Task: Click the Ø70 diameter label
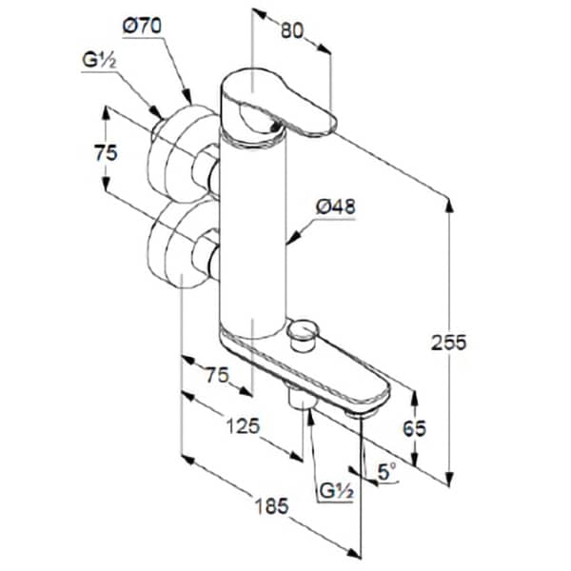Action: click(x=142, y=27)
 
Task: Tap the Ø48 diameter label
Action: click(x=335, y=207)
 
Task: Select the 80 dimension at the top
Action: click(x=292, y=30)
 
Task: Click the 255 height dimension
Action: click(x=448, y=343)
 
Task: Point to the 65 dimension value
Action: click(x=414, y=428)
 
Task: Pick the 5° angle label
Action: click(x=387, y=472)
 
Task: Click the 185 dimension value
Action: click(x=271, y=506)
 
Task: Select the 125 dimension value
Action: click(x=243, y=425)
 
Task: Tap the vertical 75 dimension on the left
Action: click(x=106, y=152)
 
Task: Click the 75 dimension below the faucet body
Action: click(x=217, y=375)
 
